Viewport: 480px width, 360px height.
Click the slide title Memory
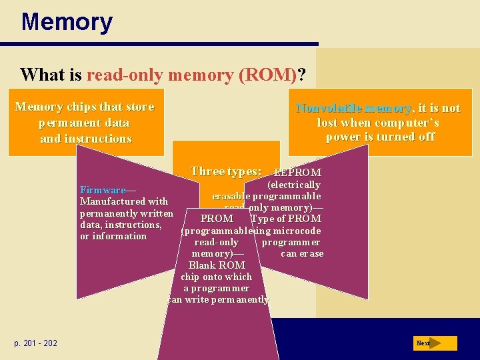[x=67, y=22]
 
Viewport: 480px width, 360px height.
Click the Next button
[x=434, y=343]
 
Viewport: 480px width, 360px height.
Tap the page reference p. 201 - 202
[x=35, y=343]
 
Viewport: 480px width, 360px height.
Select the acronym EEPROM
[x=298, y=173]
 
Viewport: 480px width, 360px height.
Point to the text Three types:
[x=225, y=171]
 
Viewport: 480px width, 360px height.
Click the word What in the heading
[x=42, y=74]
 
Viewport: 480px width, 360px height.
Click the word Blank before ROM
[x=203, y=265]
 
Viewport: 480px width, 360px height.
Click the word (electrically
[x=293, y=185]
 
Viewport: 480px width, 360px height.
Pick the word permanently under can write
[x=243, y=300]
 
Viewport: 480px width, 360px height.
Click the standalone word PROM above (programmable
[x=217, y=219]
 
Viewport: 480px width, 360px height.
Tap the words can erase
[x=302, y=253]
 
